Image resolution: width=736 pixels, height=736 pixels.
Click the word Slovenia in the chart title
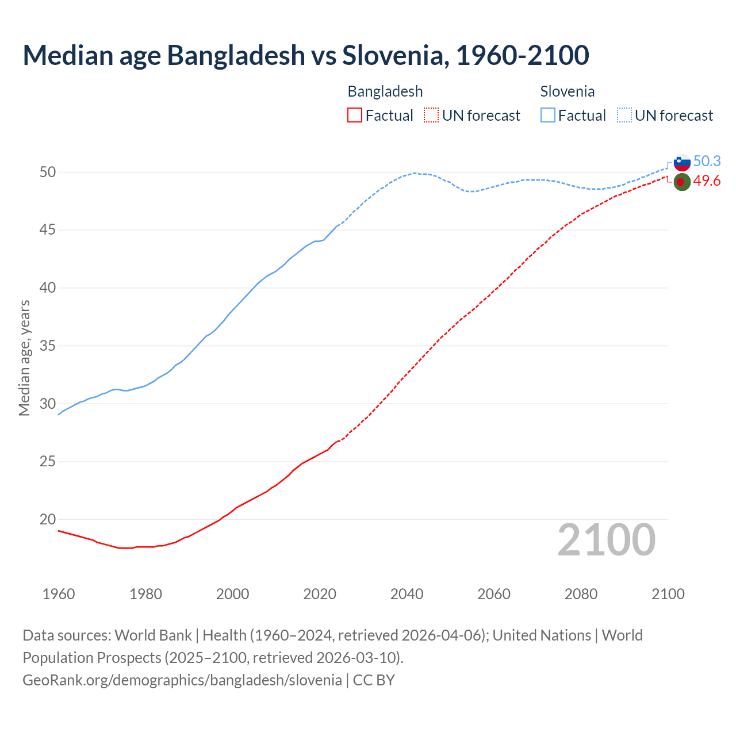(393, 55)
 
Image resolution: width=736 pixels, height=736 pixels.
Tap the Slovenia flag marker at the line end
(681, 162)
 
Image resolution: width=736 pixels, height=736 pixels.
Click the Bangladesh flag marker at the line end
(681, 182)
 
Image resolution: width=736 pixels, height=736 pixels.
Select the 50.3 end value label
(707, 162)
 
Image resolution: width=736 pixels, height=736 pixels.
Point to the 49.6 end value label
(707, 181)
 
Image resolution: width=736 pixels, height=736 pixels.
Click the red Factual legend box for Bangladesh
(355, 116)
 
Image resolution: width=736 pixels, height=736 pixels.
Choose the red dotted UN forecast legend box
(431, 116)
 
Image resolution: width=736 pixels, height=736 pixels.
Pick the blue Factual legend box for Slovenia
(548, 116)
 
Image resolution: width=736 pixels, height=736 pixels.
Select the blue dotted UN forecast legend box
(624, 116)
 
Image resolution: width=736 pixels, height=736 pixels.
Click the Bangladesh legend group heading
(385, 91)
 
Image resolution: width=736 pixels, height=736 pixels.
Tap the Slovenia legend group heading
(567, 91)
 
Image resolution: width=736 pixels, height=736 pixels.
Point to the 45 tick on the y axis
(48, 230)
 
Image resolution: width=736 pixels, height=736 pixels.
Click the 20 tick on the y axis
(48, 519)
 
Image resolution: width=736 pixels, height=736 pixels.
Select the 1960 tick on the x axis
(59, 594)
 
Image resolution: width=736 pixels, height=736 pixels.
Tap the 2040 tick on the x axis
(407, 594)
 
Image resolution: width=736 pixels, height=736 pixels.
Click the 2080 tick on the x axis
(581, 594)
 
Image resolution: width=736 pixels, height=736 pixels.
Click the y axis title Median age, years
(24, 358)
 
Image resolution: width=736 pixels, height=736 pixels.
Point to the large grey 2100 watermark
(606, 540)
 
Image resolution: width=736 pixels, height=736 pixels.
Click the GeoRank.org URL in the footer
(182, 680)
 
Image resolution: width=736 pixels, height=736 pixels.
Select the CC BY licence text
(374, 680)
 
